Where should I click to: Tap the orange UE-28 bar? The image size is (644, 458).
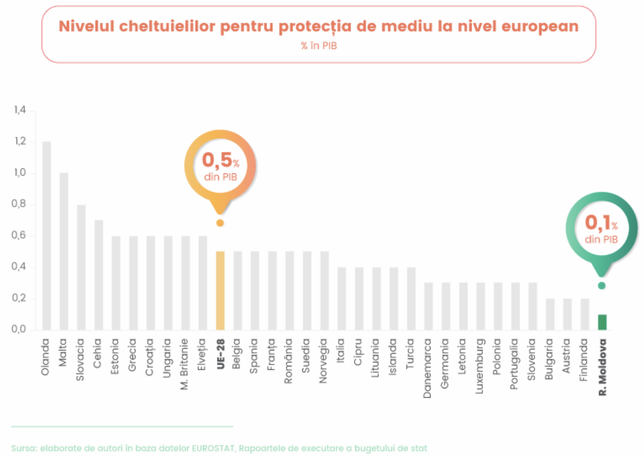tap(220, 290)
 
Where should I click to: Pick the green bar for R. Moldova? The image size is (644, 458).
tap(602, 322)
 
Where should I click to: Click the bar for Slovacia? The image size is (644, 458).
tap(82, 267)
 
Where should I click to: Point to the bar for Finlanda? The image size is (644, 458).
tap(585, 314)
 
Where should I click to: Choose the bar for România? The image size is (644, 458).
tap(290, 290)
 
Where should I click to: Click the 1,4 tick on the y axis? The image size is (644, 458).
tap(20, 111)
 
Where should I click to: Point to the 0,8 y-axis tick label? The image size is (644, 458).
tap(20, 205)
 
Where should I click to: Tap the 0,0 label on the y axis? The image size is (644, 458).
tap(20, 330)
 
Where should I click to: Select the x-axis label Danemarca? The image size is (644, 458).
tap(428, 368)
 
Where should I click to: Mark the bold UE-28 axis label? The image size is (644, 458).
tap(220, 354)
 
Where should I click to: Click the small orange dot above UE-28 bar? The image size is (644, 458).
tap(220, 223)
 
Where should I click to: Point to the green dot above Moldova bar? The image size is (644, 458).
tap(601, 286)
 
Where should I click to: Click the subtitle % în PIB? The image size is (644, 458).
tap(318, 46)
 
